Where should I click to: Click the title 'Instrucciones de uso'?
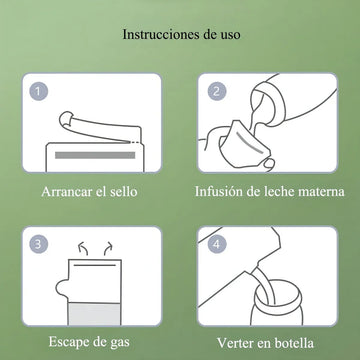(181, 35)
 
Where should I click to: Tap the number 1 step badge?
(39, 91)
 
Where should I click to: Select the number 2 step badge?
(217, 91)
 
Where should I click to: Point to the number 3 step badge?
(39, 244)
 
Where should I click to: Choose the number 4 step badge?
(217, 244)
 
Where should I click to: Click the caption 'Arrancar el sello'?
(89, 192)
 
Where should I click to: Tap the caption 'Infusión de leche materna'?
(269, 192)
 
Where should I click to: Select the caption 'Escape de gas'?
(89, 342)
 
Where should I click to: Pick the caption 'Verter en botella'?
(265, 343)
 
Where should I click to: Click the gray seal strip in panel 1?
(95, 155)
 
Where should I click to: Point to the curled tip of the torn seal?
(66, 118)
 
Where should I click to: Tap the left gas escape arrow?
(83, 249)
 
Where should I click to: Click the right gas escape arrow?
(108, 249)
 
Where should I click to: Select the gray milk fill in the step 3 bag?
(94, 314)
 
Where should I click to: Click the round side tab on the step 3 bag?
(62, 287)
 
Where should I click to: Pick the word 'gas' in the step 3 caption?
(120, 344)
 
